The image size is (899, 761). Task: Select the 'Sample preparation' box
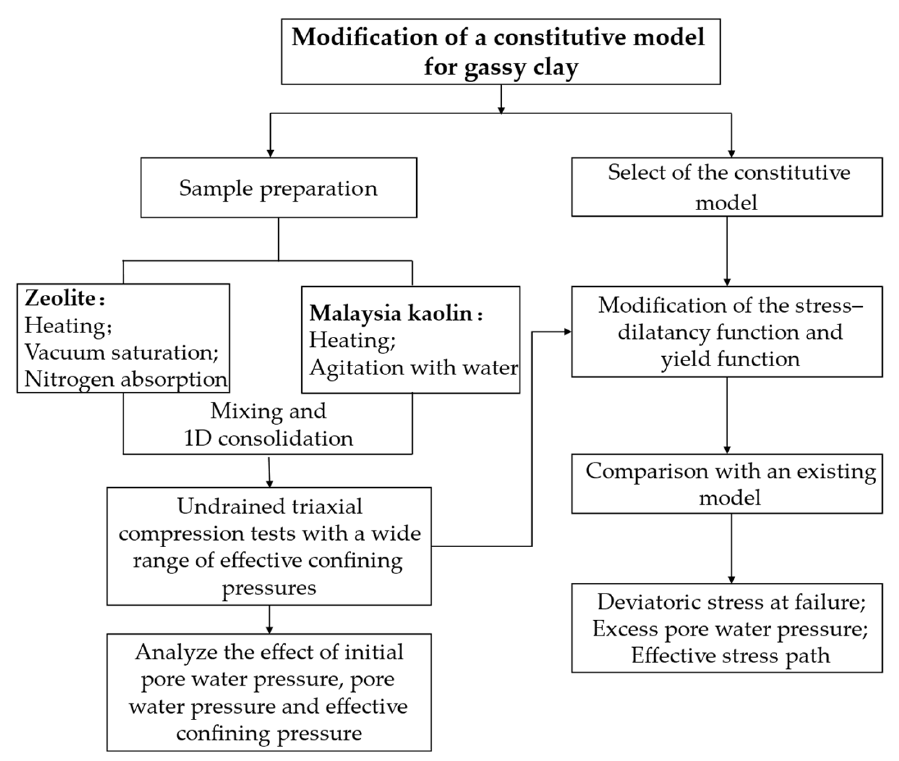coord(278,188)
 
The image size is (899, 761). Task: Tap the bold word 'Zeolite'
coord(60,297)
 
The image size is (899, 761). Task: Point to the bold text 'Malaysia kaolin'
coord(391,313)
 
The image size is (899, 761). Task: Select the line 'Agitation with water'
coord(413,367)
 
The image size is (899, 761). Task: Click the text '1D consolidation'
coord(268,438)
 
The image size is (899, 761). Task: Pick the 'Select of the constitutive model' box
coord(726,187)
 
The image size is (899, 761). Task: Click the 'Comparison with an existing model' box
coord(726,483)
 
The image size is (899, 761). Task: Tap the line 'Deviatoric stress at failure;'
coord(731,601)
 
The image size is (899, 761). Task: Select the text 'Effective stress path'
coord(731,655)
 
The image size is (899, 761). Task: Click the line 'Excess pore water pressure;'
coord(730,628)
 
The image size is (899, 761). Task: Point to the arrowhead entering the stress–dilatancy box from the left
coord(567,332)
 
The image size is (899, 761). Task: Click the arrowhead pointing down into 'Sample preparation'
coord(271,153)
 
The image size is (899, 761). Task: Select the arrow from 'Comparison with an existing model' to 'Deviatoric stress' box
coord(731,548)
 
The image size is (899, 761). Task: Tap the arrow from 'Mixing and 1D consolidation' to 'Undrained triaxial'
coord(269,472)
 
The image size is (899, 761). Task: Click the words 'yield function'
coord(730,359)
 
